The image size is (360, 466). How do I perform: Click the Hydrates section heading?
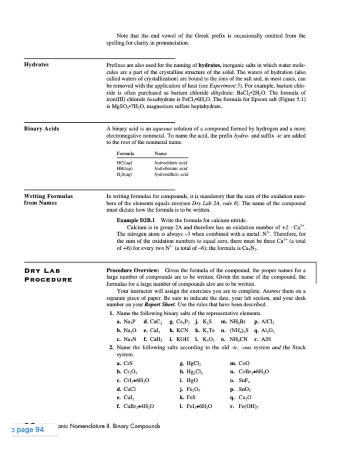click(x=36, y=65)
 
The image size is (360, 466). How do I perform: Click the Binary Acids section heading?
click(x=42, y=129)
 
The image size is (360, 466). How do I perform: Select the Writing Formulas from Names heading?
click(x=48, y=200)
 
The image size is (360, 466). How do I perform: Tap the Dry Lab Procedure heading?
click(x=48, y=275)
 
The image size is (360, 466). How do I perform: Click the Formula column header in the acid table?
click(x=125, y=154)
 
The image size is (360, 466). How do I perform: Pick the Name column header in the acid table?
click(x=160, y=154)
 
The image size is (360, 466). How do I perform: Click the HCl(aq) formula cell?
click(x=124, y=163)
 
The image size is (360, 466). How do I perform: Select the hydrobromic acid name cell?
click(x=171, y=168)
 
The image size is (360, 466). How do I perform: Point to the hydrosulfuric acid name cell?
click(x=171, y=174)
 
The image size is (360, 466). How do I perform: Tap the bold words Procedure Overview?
click(x=133, y=270)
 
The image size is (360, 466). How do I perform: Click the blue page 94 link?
click(x=30, y=430)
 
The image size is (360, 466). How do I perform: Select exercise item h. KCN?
click(x=179, y=330)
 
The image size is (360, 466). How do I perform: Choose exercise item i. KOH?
click(x=179, y=339)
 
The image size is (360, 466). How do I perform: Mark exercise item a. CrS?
click(x=124, y=363)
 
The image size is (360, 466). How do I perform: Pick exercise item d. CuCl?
click(x=126, y=389)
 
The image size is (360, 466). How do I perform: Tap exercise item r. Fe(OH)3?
click(x=244, y=406)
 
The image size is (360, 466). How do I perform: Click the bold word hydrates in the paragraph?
click(x=210, y=65)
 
